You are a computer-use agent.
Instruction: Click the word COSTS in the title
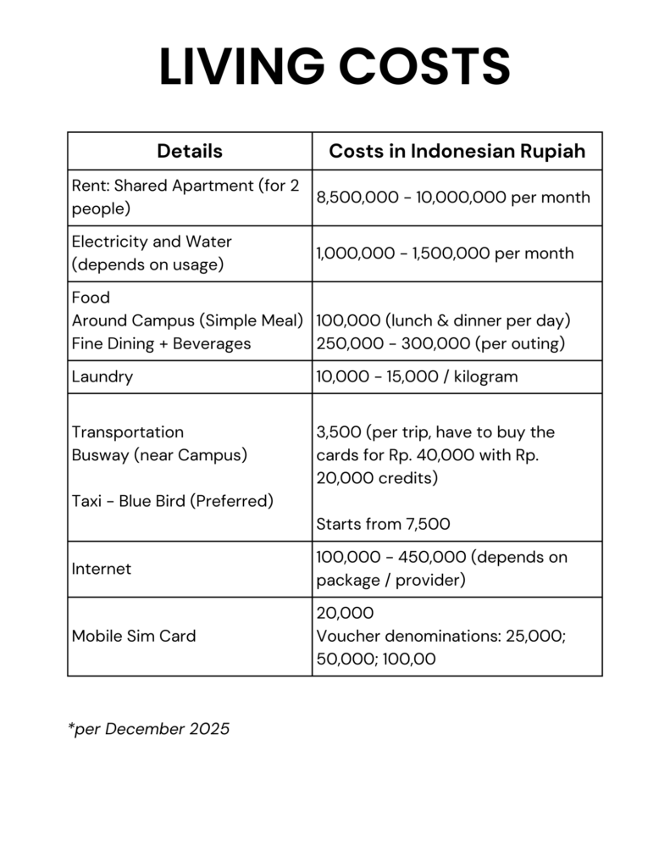click(x=420, y=67)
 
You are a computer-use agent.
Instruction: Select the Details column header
click(x=190, y=151)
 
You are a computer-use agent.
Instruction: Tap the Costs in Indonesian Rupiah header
click(x=457, y=151)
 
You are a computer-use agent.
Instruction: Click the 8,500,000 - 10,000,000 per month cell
click(x=453, y=198)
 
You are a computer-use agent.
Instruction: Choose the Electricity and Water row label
click(x=152, y=253)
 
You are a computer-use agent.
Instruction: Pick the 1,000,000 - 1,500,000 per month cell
click(x=445, y=253)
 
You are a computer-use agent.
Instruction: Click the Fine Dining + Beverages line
click(x=162, y=343)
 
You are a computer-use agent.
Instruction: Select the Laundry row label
click(x=102, y=376)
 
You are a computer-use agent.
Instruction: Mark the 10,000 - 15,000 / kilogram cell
click(x=417, y=376)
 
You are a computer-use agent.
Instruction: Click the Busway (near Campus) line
click(x=159, y=455)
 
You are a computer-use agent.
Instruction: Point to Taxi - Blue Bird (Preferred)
click(x=173, y=501)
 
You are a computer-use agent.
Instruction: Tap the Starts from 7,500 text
click(x=383, y=524)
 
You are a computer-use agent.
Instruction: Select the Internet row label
click(x=102, y=569)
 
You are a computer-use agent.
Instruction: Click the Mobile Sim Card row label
click(x=134, y=636)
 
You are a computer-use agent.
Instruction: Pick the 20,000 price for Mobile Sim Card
click(x=345, y=613)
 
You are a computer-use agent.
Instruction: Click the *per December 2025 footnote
click(x=149, y=729)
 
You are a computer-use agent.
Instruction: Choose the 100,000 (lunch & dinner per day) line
click(x=443, y=320)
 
